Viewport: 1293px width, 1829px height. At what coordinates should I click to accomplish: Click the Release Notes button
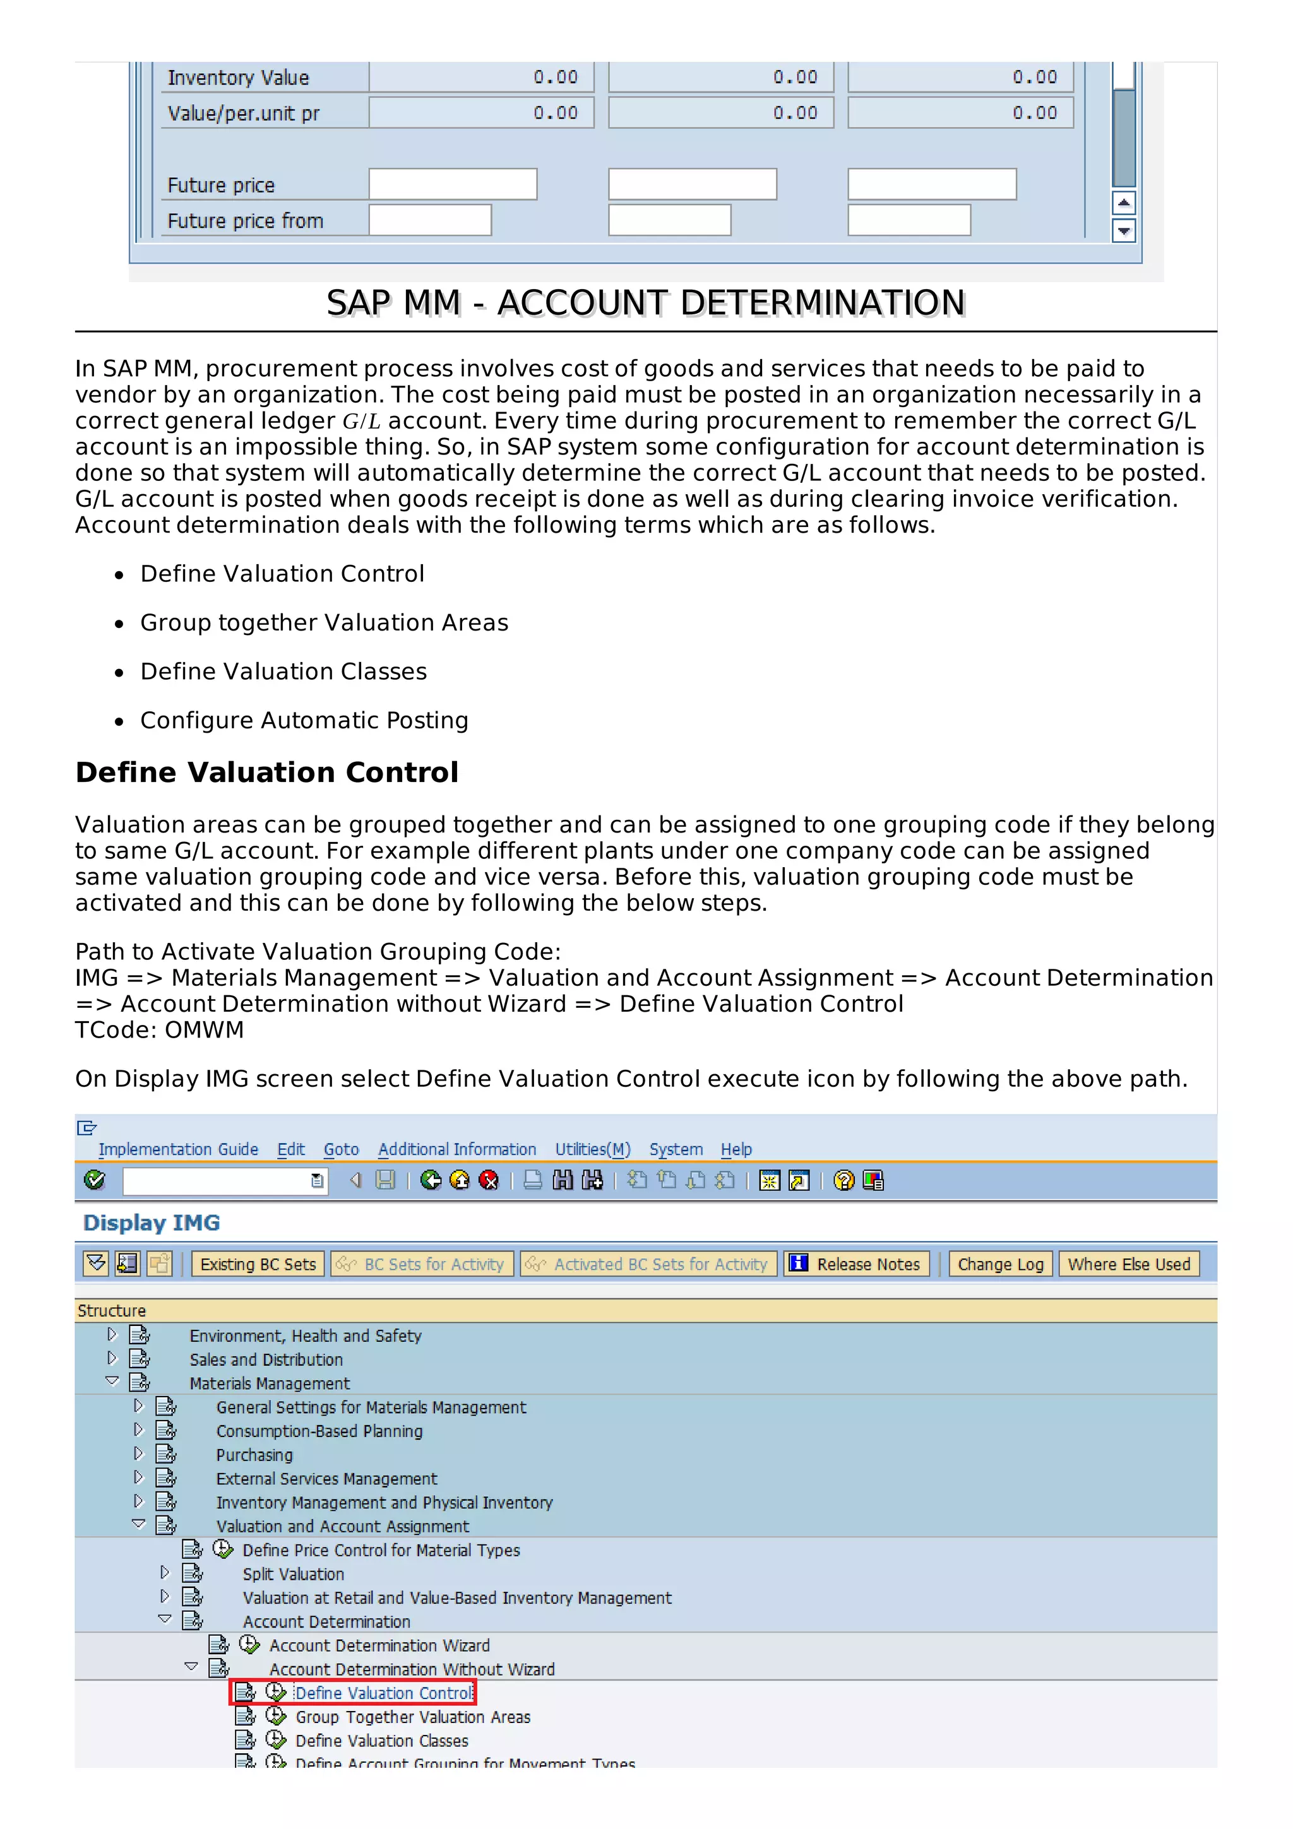pyautogui.click(x=857, y=1264)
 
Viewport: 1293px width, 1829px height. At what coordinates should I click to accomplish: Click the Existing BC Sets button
pyautogui.click(x=258, y=1264)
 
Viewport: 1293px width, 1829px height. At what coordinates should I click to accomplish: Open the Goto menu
pyautogui.click(x=341, y=1149)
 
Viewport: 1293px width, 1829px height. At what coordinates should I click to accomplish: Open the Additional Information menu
pyautogui.click(x=456, y=1149)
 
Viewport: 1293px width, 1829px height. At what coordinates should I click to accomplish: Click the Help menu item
pyautogui.click(x=736, y=1149)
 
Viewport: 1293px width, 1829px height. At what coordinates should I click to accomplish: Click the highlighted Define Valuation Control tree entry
pyautogui.click(x=383, y=1693)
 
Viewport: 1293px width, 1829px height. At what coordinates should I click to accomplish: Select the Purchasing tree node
pyautogui.click(x=254, y=1455)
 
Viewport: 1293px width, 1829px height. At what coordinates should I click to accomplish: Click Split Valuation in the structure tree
pyautogui.click(x=293, y=1574)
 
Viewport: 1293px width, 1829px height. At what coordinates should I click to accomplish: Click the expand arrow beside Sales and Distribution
pyautogui.click(x=112, y=1358)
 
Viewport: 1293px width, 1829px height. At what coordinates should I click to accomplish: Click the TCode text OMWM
pyautogui.click(x=204, y=1030)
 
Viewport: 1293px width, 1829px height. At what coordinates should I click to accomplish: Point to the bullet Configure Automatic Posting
pyautogui.click(x=304, y=720)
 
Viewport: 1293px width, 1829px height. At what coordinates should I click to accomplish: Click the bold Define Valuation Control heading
pyautogui.click(x=267, y=772)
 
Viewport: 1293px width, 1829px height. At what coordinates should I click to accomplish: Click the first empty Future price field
pyautogui.click(x=453, y=184)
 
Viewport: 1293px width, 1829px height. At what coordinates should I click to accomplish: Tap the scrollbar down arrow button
pyautogui.click(x=1123, y=231)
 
